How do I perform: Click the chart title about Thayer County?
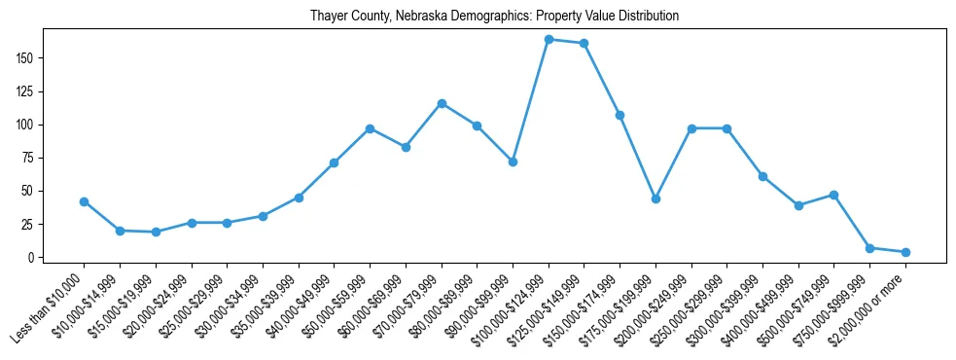pos(494,17)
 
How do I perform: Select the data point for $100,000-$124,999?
pos(549,40)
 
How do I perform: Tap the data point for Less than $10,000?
pos(85,201)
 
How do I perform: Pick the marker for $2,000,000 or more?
pos(905,252)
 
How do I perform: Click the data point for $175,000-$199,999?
pos(656,198)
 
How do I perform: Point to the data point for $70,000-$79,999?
pos(442,103)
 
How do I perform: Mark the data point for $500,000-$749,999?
pos(833,195)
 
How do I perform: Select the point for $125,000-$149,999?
pos(584,44)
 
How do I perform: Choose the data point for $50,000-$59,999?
pos(371,128)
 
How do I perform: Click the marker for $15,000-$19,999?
pos(156,232)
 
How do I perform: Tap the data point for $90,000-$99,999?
pos(513,162)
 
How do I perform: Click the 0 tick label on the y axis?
pos(32,258)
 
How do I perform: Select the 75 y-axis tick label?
pos(29,159)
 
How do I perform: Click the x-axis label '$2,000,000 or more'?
pos(868,310)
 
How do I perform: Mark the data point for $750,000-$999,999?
pos(869,248)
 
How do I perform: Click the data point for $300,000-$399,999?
pos(762,176)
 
